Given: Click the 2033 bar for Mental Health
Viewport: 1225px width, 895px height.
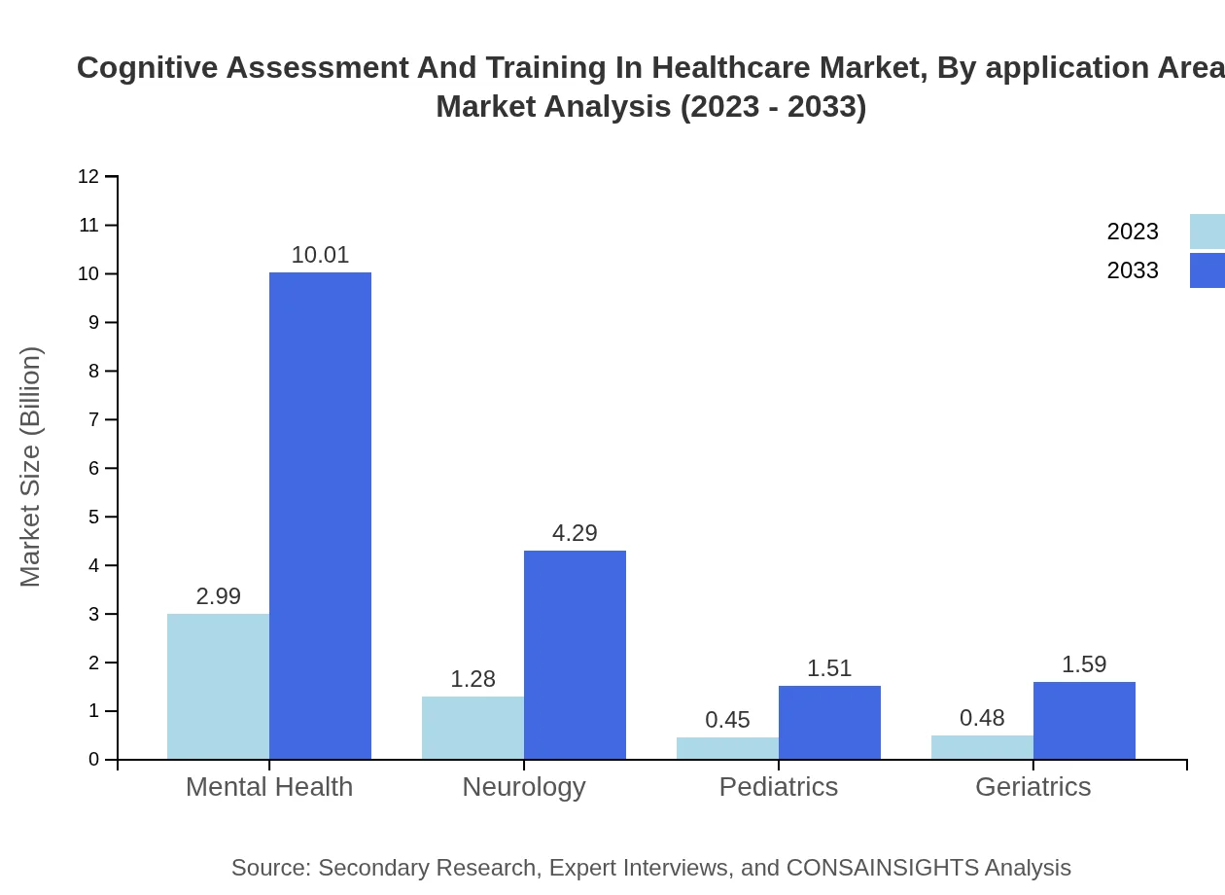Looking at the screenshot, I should click(320, 516).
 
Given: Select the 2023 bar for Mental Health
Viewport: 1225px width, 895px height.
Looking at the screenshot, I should click(218, 686).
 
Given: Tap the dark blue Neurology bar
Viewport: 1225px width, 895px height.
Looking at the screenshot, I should click(575, 655).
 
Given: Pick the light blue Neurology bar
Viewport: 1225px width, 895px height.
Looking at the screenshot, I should click(472, 728).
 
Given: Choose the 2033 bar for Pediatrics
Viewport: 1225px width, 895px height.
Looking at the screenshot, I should click(829, 722).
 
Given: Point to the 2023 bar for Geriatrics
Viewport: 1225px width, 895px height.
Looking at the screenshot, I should click(982, 747).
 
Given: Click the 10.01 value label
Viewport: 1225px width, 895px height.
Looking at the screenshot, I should click(320, 255).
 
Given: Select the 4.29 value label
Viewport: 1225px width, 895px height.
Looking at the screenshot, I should click(575, 533).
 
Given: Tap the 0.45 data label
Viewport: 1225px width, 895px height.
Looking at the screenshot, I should click(727, 720).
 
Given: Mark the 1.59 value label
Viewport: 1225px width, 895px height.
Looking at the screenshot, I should click(1084, 664).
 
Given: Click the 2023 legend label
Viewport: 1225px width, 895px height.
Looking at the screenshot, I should click(1133, 232).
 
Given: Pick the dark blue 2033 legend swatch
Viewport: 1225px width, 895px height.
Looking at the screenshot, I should click(1207, 270).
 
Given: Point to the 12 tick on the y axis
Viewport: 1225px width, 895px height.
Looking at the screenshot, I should click(88, 176).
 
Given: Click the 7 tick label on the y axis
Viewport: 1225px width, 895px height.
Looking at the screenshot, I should click(94, 419).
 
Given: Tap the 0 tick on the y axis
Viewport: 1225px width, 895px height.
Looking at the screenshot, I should click(94, 760).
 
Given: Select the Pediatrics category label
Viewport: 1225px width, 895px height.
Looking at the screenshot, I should click(779, 786).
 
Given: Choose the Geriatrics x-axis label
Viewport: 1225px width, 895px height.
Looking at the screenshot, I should click(1033, 786).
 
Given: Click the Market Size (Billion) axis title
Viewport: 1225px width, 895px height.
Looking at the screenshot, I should click(31, 467).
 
